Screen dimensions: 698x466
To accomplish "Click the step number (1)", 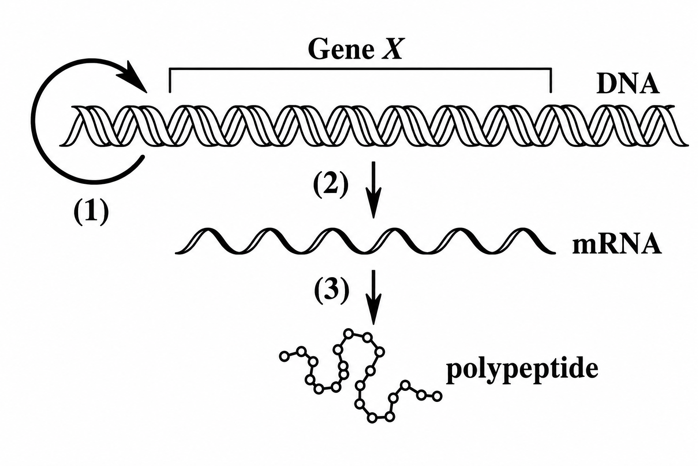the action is tap(91, 213).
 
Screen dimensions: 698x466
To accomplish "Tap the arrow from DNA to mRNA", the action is tap(373, 190).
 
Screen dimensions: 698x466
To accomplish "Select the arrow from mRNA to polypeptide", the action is tap(373, 297).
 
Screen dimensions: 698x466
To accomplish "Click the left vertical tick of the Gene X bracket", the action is tap(170, 80).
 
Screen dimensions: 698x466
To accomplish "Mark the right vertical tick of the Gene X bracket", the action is tap(551, 80).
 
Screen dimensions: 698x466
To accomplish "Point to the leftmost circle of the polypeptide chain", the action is tap(284, 356).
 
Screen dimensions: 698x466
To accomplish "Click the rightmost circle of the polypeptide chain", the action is tap(437, 396).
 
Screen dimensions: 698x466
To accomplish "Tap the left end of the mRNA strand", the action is tap(176, 253).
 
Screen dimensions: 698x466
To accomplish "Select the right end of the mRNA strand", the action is tap(554, 253).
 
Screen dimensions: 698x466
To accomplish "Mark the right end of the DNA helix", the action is tap(687, 145).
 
